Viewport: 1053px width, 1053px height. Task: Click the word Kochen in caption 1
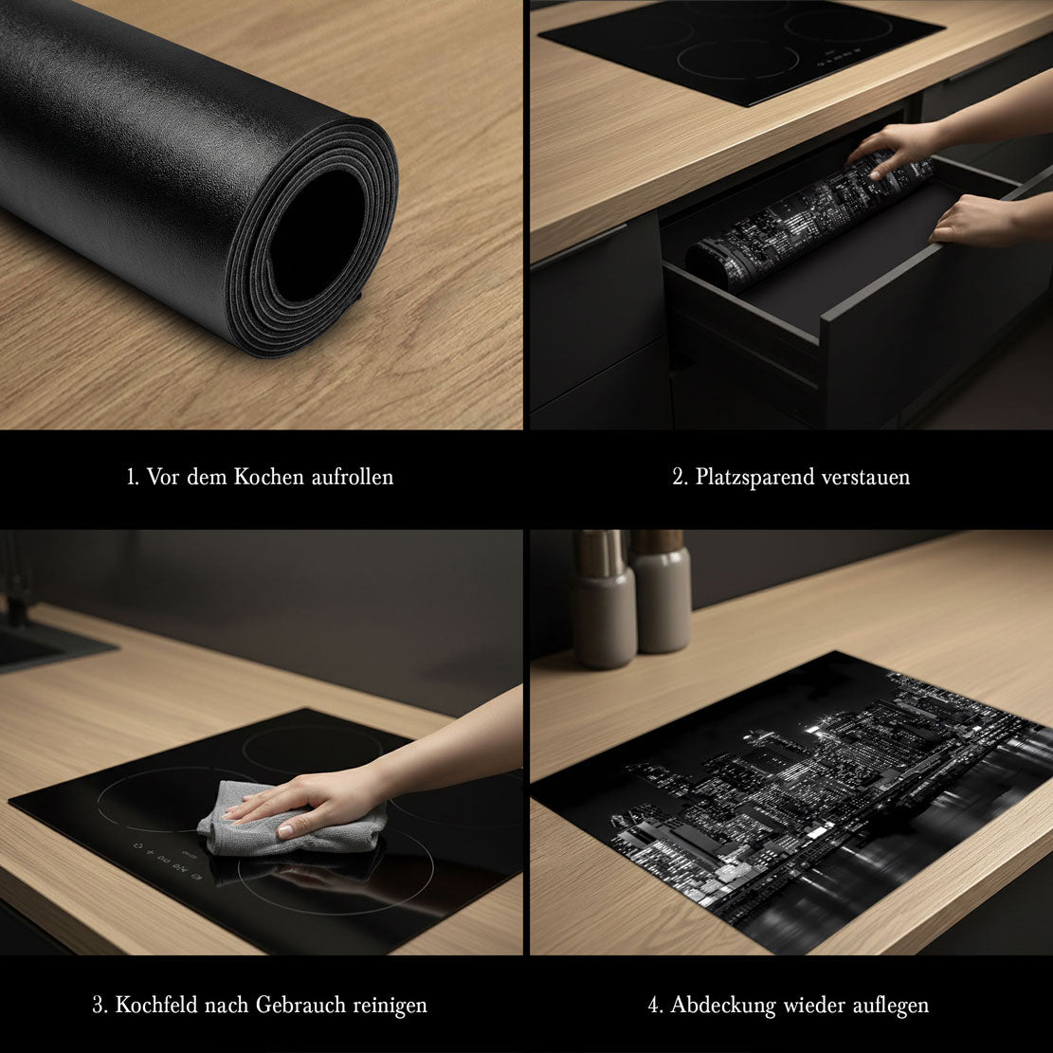coord(269,477)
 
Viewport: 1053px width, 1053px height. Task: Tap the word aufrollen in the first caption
coord(353,477)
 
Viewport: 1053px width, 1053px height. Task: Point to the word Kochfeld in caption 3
coord(156,1005)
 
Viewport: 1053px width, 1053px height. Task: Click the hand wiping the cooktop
coord(315,802)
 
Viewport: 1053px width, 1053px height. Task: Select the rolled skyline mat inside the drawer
coord(809,221)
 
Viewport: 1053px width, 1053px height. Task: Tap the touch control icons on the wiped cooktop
coord(165,861)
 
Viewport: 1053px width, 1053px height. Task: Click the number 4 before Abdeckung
coord(655,1006)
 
